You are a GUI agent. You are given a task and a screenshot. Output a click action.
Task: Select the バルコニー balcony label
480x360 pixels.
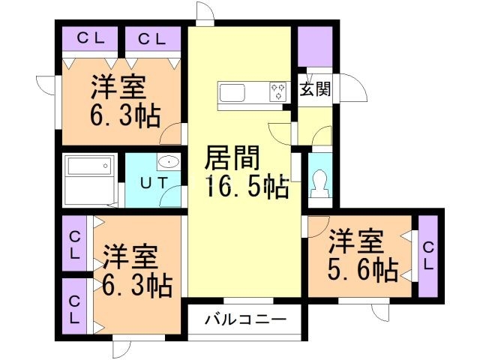pos(246,320)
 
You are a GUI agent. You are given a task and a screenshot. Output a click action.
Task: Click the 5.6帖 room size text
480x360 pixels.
pos(362,268)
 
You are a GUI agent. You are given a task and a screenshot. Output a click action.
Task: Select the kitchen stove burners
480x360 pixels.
pos(278,91)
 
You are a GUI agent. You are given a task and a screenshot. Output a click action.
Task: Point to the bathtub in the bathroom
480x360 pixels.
pos(89,179)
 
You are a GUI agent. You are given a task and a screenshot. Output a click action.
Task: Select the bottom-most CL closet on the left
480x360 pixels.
pos(75,307)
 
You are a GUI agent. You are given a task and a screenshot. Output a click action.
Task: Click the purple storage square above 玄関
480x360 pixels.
pos(313,47)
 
